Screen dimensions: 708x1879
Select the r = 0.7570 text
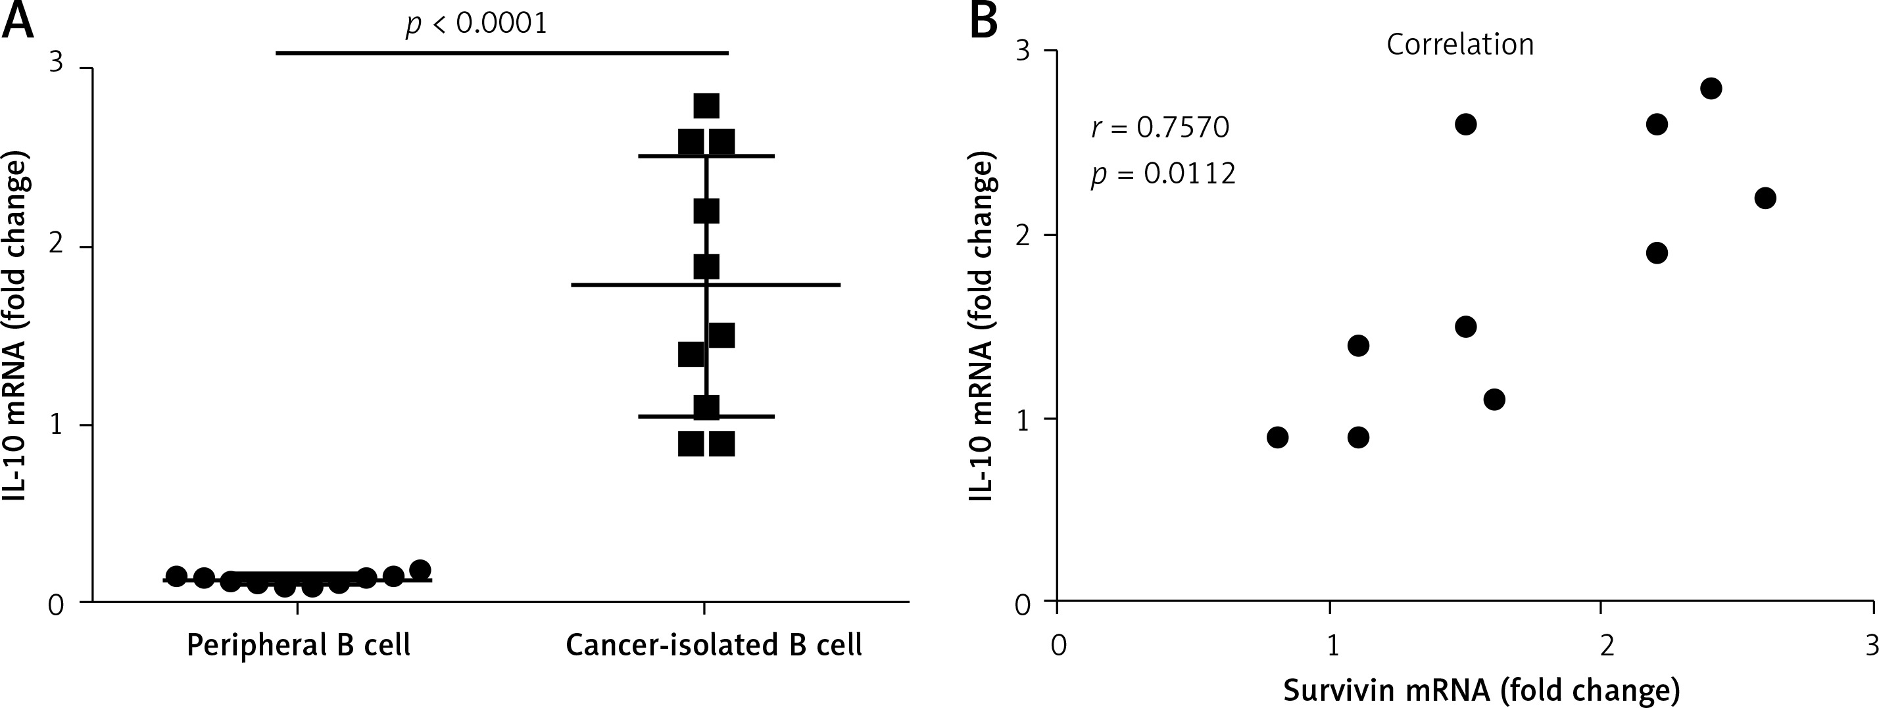(x=1159, y=128)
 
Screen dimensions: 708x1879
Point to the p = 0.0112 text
(x=1163, y=174)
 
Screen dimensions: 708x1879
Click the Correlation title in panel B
(x=1459, y=45)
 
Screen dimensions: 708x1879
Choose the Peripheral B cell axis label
(x=299, y=646)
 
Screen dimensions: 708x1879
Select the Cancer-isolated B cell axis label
(x=714, y=646)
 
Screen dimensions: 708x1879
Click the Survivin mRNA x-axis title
(x=1480, y=690)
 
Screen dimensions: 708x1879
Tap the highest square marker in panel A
(x=706, y=106)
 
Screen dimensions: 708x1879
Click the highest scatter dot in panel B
(x=1711, y=88)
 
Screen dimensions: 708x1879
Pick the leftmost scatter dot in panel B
(x=1277, y=437)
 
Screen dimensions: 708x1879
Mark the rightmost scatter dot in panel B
(x=1765, y=198)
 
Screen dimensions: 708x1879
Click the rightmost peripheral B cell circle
(x=420, y=570)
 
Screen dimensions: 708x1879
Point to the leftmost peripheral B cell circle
(x=176, y=575)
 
